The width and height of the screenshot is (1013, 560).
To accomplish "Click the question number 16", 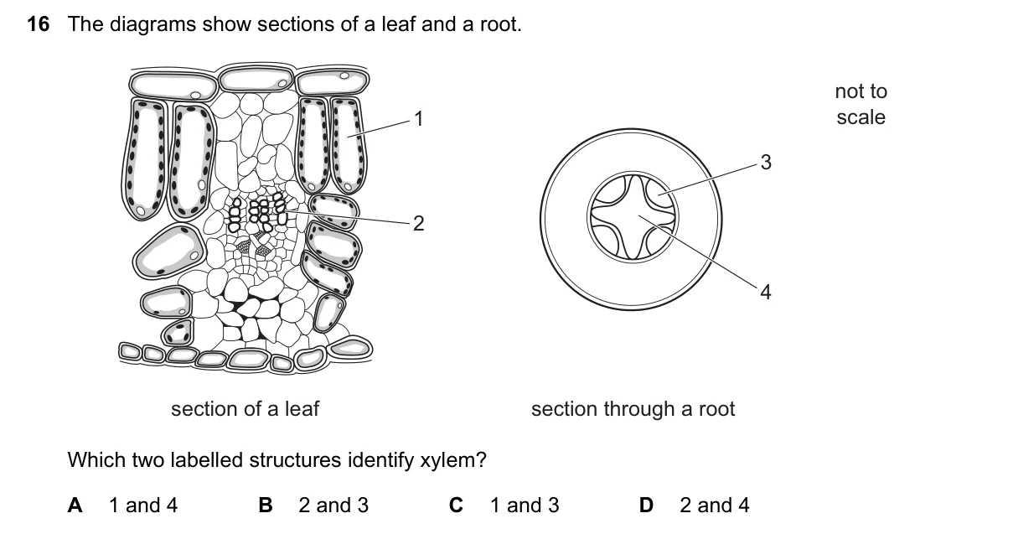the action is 38,24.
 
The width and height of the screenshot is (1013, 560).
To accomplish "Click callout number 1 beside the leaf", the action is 419,119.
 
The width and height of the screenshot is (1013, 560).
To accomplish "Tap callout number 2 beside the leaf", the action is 419,224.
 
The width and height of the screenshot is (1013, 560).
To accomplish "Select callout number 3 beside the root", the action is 766,163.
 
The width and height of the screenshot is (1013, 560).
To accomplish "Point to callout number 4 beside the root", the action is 766,293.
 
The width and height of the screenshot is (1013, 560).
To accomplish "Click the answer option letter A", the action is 75,506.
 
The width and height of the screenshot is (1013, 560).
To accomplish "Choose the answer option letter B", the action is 266,506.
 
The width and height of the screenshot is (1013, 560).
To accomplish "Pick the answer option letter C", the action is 456,506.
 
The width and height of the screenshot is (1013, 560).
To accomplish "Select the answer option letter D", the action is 646,506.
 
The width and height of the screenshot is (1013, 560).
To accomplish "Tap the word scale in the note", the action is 861,117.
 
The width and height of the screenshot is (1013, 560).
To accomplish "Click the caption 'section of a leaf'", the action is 245,409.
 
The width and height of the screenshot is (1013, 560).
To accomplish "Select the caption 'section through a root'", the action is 633,409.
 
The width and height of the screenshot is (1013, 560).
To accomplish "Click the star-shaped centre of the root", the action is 633,217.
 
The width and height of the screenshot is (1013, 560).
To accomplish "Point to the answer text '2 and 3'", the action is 333,506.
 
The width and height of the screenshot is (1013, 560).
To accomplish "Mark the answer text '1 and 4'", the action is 143,506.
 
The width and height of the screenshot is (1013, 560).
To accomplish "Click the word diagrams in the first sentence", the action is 152,24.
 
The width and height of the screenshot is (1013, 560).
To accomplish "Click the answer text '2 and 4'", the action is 715,506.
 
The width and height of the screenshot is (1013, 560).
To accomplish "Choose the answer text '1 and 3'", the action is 525,506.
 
